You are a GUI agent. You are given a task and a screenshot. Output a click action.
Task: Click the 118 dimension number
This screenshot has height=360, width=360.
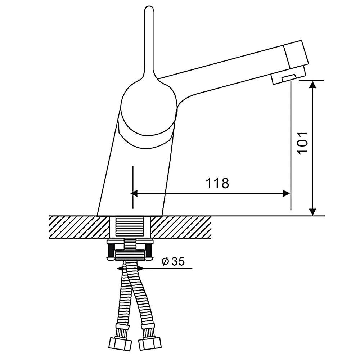coord(217,183)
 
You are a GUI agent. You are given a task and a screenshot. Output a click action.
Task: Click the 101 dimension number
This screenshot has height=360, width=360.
coord(302,143)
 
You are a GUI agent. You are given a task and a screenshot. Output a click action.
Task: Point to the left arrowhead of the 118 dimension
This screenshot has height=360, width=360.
coord(134,193)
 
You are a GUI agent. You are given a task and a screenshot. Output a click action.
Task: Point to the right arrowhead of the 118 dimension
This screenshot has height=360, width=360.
coord(286,193)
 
